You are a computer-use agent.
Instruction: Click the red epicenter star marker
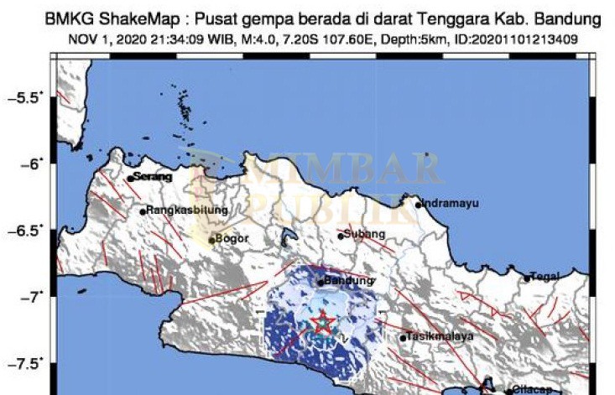323,322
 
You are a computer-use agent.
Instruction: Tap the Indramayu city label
450,203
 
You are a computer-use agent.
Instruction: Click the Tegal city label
550,277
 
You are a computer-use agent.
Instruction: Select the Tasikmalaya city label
439,336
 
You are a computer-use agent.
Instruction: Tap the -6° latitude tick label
29,164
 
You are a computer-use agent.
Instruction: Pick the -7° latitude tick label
29,296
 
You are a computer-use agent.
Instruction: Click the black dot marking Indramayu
419,204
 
